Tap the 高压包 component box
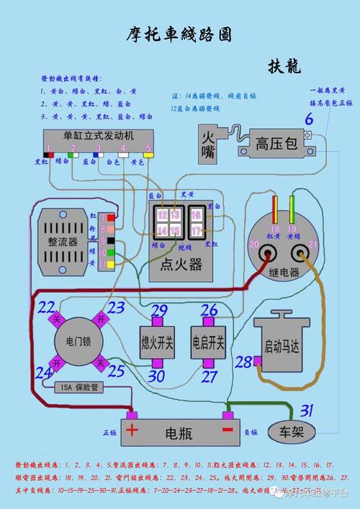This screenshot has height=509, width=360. tap(276, 143)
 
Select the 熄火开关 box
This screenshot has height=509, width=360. tap(157, 339)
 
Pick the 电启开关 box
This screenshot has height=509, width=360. tap(208, 339)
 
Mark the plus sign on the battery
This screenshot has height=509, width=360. tap(132, 431)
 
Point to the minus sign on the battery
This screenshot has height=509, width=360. tap(228, 431)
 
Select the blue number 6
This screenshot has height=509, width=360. tap(309, 120)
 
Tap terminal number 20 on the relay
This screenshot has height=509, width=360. tap(254, 245)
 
